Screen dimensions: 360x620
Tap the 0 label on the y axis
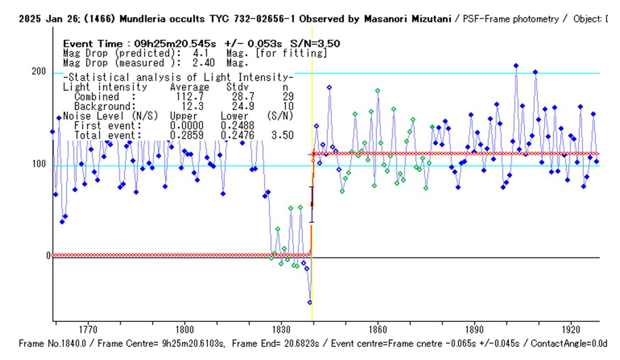(x=48, y=256)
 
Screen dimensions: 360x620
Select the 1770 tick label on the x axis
(x=88, y=327)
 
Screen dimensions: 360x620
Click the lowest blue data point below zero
(x=310, y=302)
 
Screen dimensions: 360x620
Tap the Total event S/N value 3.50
(x=282, y=135)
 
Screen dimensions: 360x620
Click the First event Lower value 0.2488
(x=234, y=126)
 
